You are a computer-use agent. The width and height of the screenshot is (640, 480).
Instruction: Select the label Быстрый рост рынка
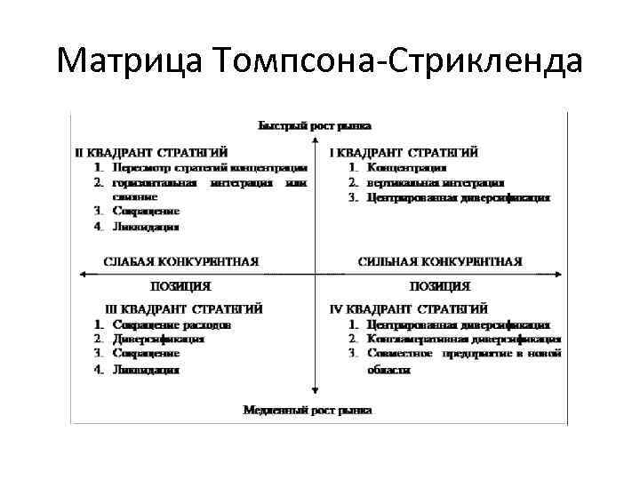pyautogui.click(x=315, y=125)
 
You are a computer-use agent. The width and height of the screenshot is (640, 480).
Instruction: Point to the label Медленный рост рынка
pyautogui.click(x=308, y=410)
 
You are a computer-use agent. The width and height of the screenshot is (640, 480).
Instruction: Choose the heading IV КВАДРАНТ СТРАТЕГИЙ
pyautogui.click(x=408, y=309)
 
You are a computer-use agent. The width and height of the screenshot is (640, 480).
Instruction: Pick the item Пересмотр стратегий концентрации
pyautogui.click(x=210, y=167)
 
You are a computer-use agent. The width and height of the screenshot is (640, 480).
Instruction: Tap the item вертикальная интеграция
pyautogui.click(x=435, y=182)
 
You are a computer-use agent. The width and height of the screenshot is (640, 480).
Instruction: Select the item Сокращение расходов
pyautogui.click(x=172, y=324)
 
